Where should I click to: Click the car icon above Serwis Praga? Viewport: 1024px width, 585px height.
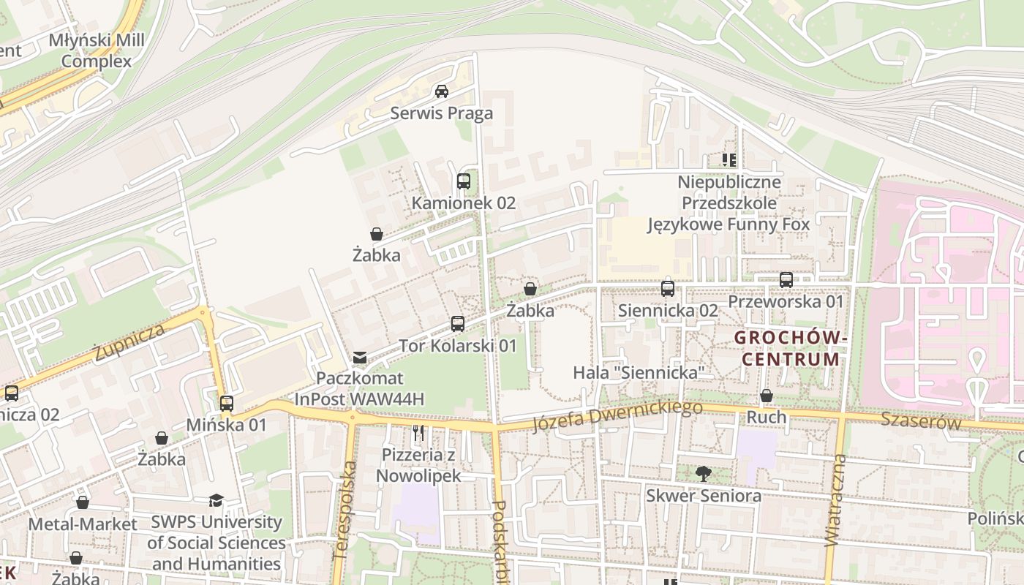441,91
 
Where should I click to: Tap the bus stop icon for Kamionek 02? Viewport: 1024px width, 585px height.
463,181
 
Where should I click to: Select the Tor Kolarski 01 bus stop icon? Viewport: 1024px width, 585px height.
457,323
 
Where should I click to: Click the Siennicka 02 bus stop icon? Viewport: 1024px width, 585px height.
668,289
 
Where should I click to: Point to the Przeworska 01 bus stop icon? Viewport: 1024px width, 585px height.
786,279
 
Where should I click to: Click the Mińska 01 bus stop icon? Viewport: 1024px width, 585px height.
227,403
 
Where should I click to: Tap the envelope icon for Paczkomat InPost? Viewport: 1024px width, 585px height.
360,358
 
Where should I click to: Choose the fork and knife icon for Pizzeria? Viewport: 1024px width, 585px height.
418,433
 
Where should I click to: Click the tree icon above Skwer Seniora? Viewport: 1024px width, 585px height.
703,474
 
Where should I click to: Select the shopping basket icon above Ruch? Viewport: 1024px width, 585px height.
766,396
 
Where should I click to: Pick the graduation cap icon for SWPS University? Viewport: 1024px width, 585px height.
216,501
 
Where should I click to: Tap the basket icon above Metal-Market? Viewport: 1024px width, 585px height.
83,503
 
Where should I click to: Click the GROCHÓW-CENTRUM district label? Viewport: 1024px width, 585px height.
791,349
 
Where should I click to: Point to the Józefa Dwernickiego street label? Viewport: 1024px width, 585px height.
617,415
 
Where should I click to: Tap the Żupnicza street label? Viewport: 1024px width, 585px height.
129,343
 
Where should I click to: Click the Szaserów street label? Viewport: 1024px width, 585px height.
920,420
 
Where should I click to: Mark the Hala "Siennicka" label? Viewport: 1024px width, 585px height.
638,372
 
